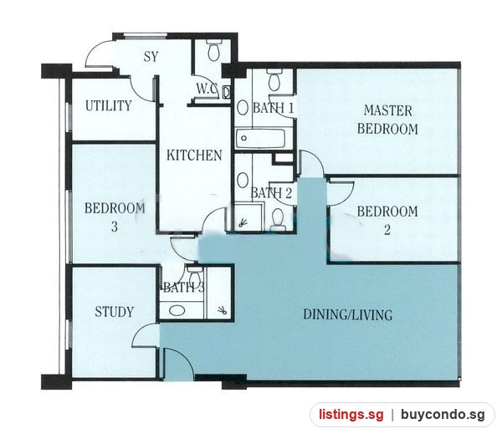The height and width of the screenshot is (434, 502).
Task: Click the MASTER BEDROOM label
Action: tap(387, 120)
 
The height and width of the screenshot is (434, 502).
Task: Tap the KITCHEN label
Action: tap(194, 156)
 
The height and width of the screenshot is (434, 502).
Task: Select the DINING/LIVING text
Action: tap(348, 314)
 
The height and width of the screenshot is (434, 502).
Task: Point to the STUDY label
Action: tap(115, 312)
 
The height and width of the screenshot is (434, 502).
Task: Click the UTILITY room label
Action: tap(109, 105)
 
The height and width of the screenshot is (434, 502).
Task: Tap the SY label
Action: tap(151, 57)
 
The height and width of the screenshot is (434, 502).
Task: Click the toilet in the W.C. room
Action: tap(213, 50)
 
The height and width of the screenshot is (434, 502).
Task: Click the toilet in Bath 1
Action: tap(274, 80)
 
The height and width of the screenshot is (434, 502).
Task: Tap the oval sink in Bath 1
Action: tap(243, 108)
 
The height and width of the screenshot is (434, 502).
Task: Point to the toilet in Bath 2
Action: tap(278, 220)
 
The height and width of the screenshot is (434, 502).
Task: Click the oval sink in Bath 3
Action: tap(177, 310)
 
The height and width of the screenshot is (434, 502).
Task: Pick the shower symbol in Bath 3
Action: tap(223, 309)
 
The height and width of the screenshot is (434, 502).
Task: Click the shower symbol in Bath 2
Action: tap(243, 222)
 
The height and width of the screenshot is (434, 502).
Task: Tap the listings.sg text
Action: tap(351, 415)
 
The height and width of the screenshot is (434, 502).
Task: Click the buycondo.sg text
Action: tap(443, 415)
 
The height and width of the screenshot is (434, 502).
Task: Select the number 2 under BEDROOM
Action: tap(387, 230)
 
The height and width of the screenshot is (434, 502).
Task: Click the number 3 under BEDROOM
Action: tap(115, 227)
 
